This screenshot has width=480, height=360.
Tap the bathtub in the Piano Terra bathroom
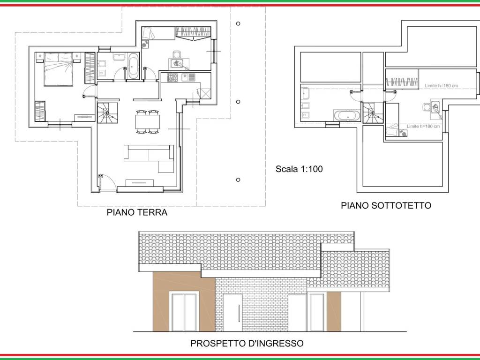coord(134,66)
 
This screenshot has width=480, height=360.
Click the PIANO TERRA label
coord(137,212)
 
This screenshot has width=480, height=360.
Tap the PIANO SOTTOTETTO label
coord(385,205)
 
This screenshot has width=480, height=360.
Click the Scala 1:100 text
coord(299,169)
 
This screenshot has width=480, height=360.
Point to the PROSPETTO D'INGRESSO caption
coord(247,344)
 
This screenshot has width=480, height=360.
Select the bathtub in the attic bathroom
coord(346,115)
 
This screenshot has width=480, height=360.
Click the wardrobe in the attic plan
coord(401,81)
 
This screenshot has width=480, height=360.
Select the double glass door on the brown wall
coord(184,312)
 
